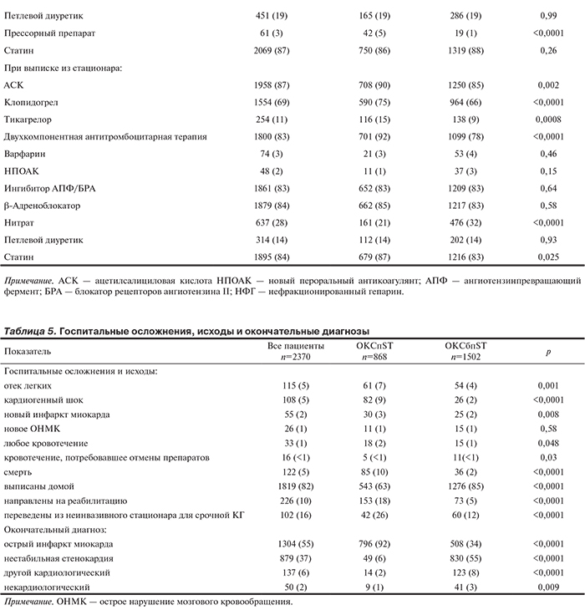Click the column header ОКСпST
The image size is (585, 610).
(361, 346)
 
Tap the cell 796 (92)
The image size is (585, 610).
(361, 544)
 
